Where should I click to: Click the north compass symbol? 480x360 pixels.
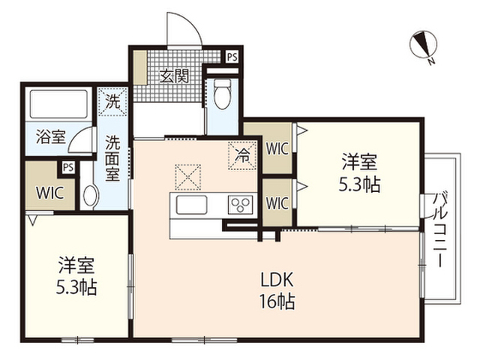tap(423, 45)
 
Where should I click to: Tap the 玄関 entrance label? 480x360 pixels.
tap(175, 76)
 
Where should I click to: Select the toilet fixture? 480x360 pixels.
tap(222, 94)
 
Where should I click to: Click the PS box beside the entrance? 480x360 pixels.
tap(232, 57)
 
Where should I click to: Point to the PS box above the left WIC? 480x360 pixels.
tap(68, 167)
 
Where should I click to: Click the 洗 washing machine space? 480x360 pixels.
tap(113, 102)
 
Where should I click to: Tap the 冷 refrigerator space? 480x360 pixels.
tap(241, 155)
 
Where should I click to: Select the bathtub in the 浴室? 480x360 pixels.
tap(59, 103)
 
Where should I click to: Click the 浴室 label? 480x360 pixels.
tap(51, 136)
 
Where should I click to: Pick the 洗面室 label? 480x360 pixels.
tap(113, 158)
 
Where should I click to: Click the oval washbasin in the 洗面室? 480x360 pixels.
tap(91, 196)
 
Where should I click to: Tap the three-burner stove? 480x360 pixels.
tap(240, 205)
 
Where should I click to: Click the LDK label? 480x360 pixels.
tap(277, 280)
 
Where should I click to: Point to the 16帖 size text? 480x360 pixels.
tap(277, 301)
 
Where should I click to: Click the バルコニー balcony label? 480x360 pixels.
tap(440, 229)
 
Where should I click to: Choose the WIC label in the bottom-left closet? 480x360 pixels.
tap(50, 193)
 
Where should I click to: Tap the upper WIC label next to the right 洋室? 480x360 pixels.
tap(277, 149)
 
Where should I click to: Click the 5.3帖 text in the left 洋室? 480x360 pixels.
tap(76, 287)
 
